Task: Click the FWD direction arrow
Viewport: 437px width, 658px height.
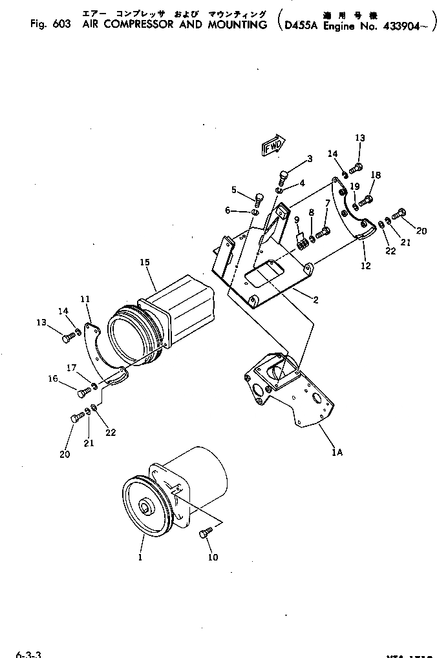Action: (273, 147)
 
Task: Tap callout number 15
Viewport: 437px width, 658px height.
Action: (144, 262)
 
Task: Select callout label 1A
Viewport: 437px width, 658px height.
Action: (337, 453)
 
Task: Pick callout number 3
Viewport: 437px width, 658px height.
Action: (310, 159)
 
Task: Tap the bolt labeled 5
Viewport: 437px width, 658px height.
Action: (260, 198)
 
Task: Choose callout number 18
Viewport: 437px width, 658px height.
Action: (376, 175)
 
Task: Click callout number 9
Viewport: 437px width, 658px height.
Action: (297, 220)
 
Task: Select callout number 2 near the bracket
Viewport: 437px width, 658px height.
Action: (315, 300)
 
